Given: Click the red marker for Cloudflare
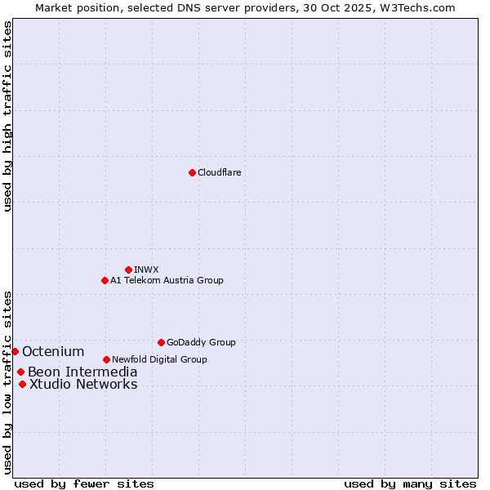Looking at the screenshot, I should tap(192, 172).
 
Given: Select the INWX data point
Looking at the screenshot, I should tap(128, 269).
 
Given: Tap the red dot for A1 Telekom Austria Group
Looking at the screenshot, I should tap(105, 280).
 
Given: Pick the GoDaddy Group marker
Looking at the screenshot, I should tap(161, 342).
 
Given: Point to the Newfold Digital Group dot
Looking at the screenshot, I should tap(106, 359).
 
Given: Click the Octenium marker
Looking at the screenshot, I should tap(15, 351).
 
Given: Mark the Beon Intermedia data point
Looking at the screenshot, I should tap(20, 372).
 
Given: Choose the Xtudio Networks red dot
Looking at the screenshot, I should tap(22, 384).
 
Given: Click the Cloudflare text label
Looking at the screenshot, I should tap(219, 172).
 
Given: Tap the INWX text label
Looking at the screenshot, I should tap(146, 269).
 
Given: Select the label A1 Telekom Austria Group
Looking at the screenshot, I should tap(167, 280).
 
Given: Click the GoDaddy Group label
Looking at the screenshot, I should tap(201, 342).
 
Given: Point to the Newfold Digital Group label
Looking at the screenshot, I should tap(159, 359).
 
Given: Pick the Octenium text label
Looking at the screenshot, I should tap(53, 351).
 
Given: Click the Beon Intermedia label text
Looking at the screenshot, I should tap(82, 372).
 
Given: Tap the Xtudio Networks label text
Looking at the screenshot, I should tap(83, 384).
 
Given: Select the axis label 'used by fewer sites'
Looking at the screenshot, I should tap(84, 483).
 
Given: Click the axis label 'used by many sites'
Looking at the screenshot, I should tap(410, 483).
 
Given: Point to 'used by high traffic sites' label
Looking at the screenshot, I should tap(7, 116).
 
